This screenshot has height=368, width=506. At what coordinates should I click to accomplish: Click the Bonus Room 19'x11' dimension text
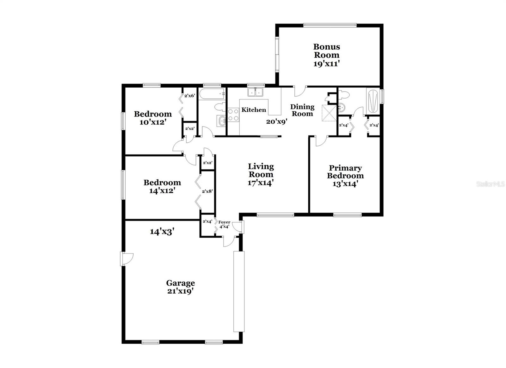(327, 64)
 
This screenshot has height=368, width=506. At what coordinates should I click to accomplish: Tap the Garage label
(181, 283)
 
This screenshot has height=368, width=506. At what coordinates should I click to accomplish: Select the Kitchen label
(254, 110)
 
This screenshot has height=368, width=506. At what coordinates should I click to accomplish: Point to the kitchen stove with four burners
(233, 115)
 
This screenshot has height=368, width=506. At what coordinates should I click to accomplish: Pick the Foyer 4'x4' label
(224, 224)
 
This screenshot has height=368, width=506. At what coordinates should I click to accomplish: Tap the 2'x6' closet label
(189, 96)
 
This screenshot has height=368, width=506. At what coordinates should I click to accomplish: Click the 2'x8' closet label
(207, 191)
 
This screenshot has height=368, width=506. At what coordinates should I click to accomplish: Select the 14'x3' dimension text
(162, 232)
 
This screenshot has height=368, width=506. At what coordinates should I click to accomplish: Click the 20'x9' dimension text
(277, 122)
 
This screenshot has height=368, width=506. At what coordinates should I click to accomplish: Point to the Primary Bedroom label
(345, 172)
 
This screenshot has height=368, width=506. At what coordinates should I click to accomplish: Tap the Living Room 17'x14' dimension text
(261, 183)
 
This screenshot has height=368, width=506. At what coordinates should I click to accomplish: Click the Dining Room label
(302, 110)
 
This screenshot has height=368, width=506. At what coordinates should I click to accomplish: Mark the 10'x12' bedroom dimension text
(153, 122)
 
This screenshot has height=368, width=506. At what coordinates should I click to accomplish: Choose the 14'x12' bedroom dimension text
(162, 191)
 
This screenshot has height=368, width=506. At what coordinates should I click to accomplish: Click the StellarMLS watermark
(491, 184)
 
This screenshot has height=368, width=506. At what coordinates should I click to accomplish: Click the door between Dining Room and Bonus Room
(300, 91)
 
